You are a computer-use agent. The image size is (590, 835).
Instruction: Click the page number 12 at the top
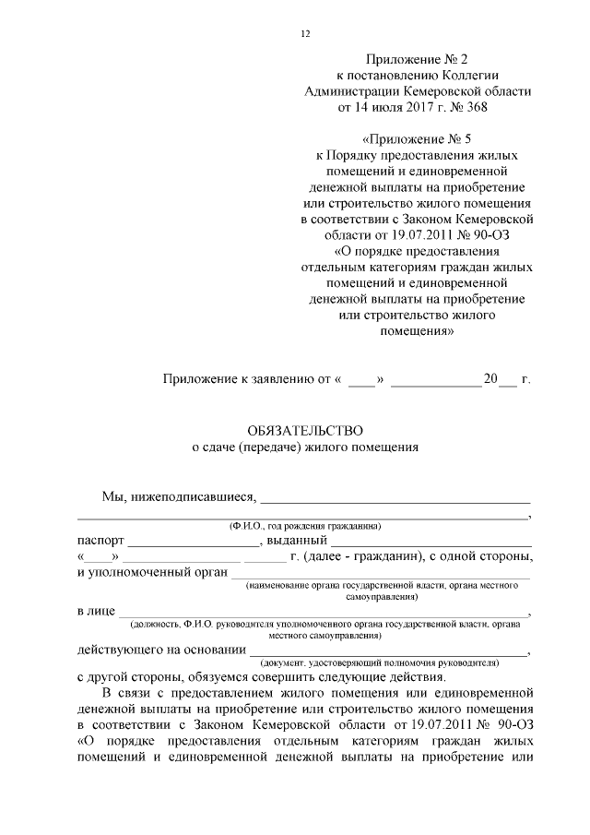tap(305, 34)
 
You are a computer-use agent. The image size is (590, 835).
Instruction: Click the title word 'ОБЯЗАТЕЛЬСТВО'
tap(305, 430)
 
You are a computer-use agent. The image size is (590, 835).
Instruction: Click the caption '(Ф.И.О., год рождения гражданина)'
tap(305, 526)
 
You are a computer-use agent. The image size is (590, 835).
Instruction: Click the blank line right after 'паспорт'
tap(194, 542)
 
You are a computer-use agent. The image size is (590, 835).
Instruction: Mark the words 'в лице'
tap(95, 611)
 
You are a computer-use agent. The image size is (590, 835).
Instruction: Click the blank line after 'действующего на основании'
tap(387, 650)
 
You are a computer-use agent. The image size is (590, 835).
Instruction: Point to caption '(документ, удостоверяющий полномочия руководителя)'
tap(379, 662)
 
